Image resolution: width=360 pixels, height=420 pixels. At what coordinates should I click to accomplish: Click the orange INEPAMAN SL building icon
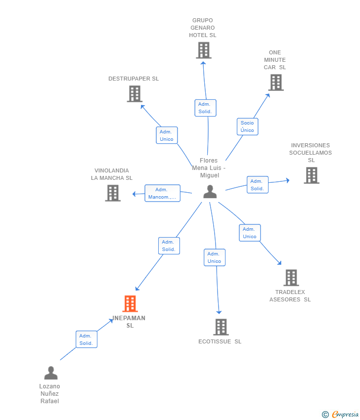click(130, 303)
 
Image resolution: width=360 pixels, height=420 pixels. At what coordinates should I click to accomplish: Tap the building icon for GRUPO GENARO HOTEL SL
click(204, 50)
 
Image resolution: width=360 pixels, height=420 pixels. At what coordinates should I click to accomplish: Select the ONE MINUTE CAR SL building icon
click(276, 83)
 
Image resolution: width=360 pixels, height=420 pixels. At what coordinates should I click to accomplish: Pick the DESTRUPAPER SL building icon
click(135, 94)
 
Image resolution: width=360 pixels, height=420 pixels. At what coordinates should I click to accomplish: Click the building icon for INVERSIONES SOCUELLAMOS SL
click(312, 175)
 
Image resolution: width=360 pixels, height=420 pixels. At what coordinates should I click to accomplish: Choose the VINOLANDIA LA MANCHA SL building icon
click(113, 193)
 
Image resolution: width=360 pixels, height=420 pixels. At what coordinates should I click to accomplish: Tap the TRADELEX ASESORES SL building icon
click(291, 278)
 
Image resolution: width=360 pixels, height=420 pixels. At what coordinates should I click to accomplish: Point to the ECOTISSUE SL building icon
click(221, 327)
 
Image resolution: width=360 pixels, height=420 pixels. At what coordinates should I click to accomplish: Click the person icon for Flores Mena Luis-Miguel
click(210, 192)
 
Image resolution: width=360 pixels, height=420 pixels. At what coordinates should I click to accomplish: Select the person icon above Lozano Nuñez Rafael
click(51, 373)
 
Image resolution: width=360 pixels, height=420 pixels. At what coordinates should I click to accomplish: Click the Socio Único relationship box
click(247, 126)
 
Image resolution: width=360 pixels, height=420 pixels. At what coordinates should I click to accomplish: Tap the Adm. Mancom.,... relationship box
click(162, 193)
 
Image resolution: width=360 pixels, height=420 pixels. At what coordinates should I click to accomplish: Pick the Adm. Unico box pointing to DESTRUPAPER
click(167, 135)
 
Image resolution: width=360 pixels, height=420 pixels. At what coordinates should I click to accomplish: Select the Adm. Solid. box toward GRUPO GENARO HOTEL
click(205, 108)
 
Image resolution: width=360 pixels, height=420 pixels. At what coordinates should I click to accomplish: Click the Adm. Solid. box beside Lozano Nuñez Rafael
click(87, 339)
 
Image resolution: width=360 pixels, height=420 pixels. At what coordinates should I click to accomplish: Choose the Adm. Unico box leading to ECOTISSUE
click(215, 257)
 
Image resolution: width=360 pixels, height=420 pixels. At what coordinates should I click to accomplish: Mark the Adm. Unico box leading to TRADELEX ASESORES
click(250, 233)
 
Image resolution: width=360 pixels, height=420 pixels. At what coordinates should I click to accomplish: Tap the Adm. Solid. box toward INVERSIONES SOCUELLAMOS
click(258, 185)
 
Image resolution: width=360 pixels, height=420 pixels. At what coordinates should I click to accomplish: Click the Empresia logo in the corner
click(340, 414)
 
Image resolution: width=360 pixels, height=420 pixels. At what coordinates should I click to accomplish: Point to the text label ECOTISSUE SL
click(220, 341)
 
